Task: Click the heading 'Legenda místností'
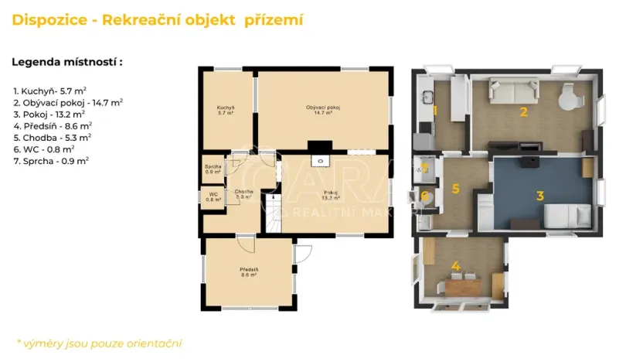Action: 67,62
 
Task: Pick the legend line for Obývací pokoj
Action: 68,101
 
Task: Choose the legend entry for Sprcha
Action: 51,160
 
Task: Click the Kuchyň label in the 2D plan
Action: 226,109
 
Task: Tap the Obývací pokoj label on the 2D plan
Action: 323,109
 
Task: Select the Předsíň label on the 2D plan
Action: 248,271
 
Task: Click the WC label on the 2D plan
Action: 213,196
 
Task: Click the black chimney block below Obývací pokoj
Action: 319,145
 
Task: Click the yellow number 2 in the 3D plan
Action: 523,111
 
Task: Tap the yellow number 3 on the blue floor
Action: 540,196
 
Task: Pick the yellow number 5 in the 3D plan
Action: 455,188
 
